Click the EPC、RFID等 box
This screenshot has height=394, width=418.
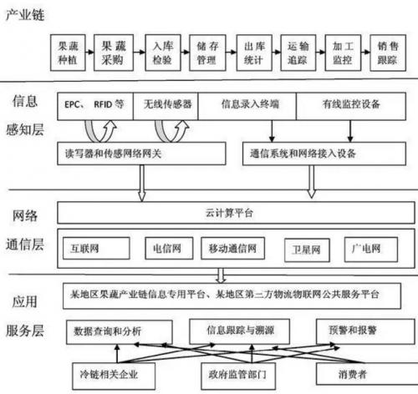[94, 105]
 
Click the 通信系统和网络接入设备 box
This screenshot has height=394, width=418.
[320, 154]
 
